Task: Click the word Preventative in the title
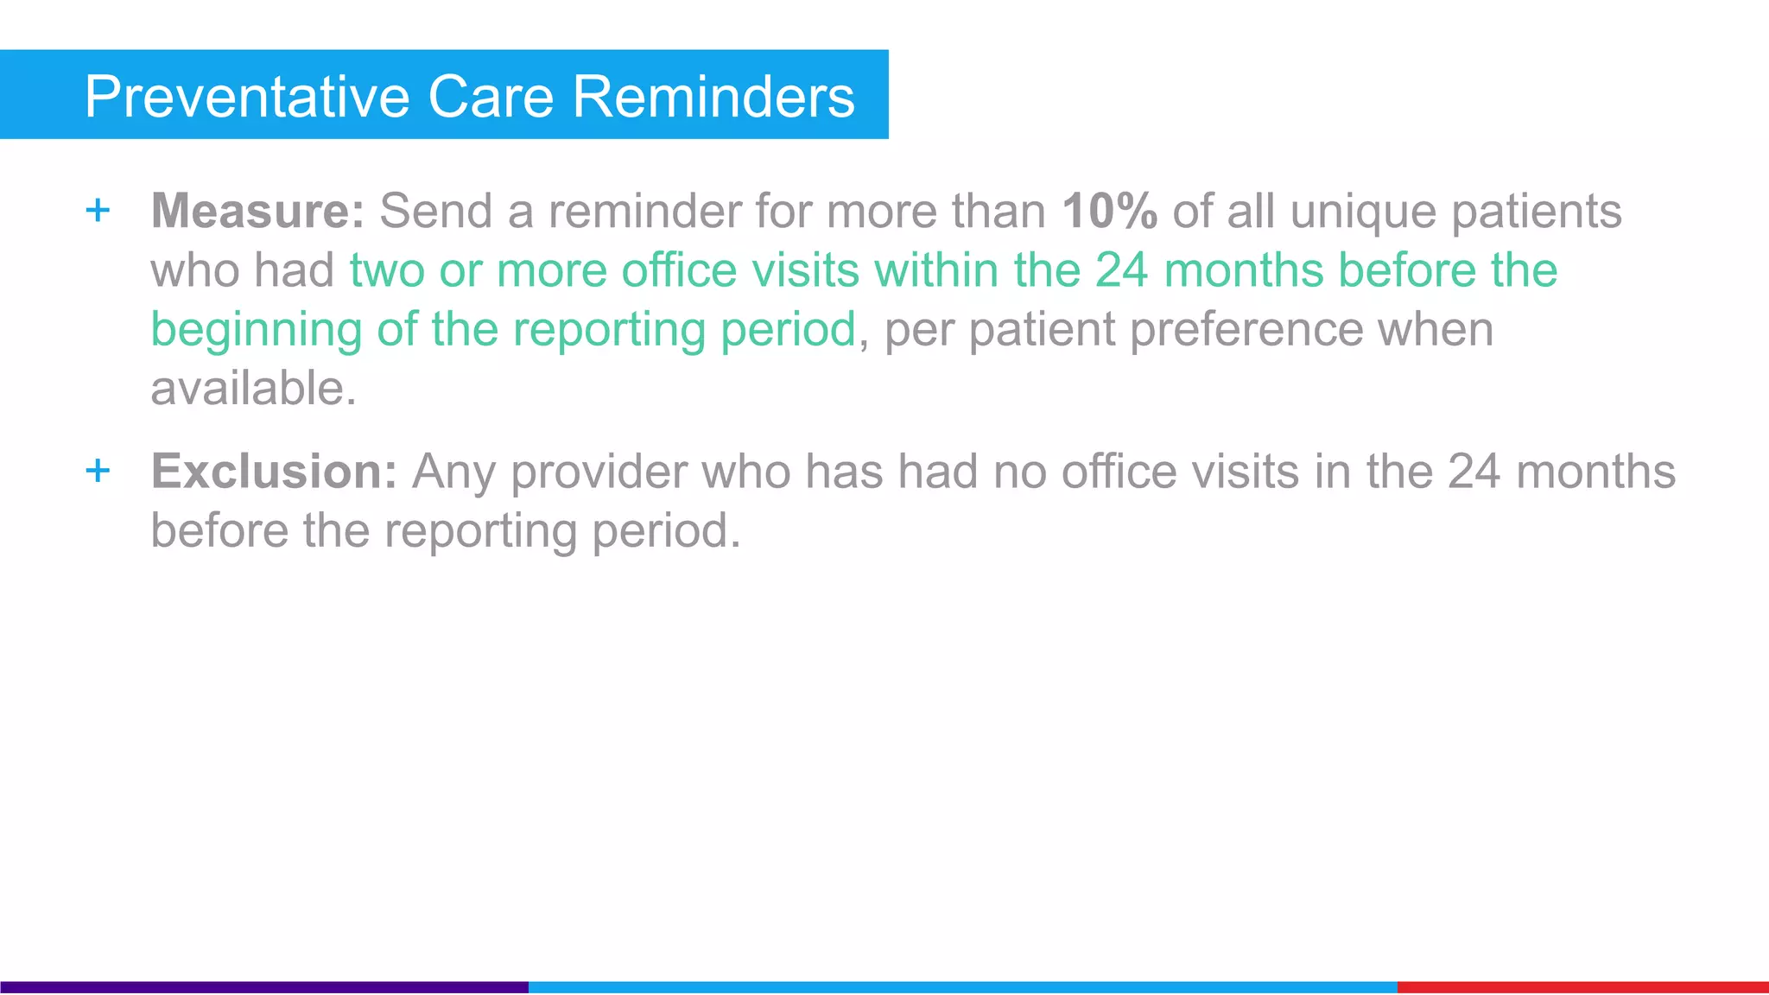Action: pos(246,97)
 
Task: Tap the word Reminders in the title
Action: pos(713,97)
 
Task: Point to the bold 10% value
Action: pos(1109,211)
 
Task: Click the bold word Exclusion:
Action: pos(274,472)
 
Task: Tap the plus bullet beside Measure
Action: pos(98,210)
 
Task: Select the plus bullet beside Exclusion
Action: pos(98,471)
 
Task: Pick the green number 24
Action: pos(1121,270)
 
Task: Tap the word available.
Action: pos(253,389)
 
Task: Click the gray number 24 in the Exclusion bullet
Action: pos(1474,472)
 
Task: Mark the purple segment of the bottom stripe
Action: pos(263,986)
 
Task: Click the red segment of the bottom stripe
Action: pos(1582,986)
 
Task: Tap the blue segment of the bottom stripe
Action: pos(962,986)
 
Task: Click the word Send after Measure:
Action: pos(435,211)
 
